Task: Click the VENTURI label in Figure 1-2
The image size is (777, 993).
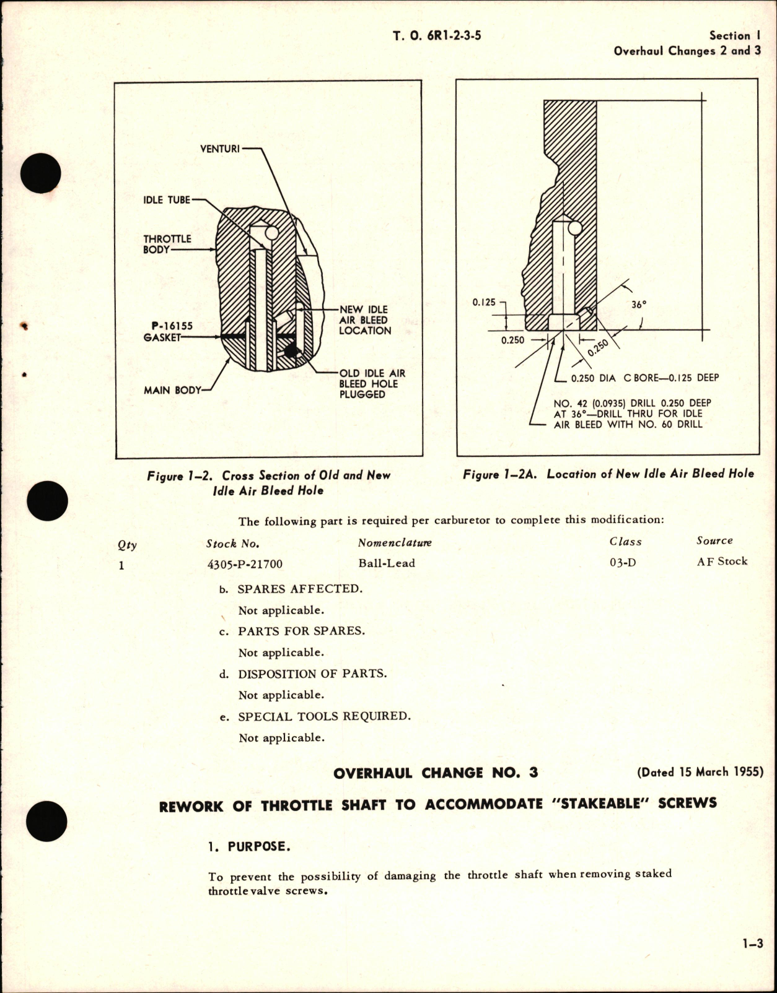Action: (220, 149)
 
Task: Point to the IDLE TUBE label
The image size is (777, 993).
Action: (167, 200)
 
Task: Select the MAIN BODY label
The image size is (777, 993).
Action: (172, 391)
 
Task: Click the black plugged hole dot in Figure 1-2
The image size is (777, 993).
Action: (289, 352)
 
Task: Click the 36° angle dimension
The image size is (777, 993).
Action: (639, 304)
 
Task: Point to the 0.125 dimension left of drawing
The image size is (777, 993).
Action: (484, 302)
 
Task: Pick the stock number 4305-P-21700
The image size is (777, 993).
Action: (244, 564)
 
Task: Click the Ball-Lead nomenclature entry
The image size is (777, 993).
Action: (387, 563)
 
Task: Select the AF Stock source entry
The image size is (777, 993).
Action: (722, 561)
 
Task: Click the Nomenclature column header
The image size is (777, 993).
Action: (395, 543)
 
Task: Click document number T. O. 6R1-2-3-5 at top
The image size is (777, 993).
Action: (437, 36)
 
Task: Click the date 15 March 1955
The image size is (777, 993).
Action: (700, 772)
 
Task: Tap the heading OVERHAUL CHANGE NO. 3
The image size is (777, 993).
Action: (436, 773)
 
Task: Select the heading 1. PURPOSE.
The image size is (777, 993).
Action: (249, 846)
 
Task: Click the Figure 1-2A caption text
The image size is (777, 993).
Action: (608, 474)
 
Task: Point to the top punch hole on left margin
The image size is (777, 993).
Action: (40, 172)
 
